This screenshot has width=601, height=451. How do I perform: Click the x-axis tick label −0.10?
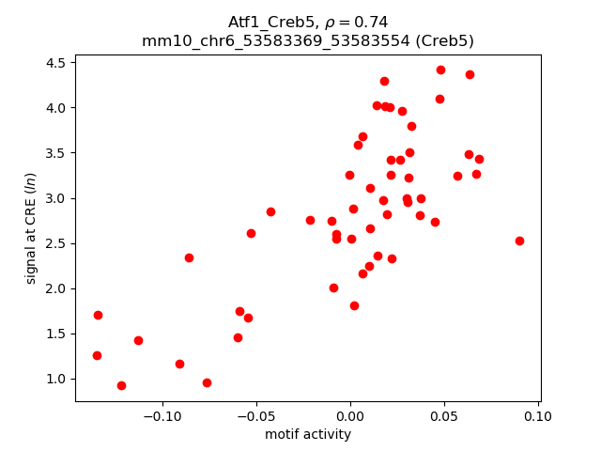click(162, 416)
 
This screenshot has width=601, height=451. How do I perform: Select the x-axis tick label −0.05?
click(256, 416)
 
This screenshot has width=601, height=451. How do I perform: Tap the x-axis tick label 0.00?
click(350, 416)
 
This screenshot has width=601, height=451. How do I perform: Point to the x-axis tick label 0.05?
click(444, 416)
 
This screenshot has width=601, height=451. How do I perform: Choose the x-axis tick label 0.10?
click(538, 416)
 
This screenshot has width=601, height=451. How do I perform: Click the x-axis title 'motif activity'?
click(308, 434)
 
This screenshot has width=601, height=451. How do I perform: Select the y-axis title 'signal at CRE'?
click(31, 227)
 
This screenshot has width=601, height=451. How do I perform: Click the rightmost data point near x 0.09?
click(519, 241)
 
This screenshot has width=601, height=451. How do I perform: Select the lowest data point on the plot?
click(121, 385)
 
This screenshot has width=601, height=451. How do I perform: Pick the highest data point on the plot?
click(440, 70)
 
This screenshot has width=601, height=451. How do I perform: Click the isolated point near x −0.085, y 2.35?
click(189, 257)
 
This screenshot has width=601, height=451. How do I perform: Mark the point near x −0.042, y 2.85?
click(270, 211)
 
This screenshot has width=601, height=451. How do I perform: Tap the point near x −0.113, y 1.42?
click(138, 340)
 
